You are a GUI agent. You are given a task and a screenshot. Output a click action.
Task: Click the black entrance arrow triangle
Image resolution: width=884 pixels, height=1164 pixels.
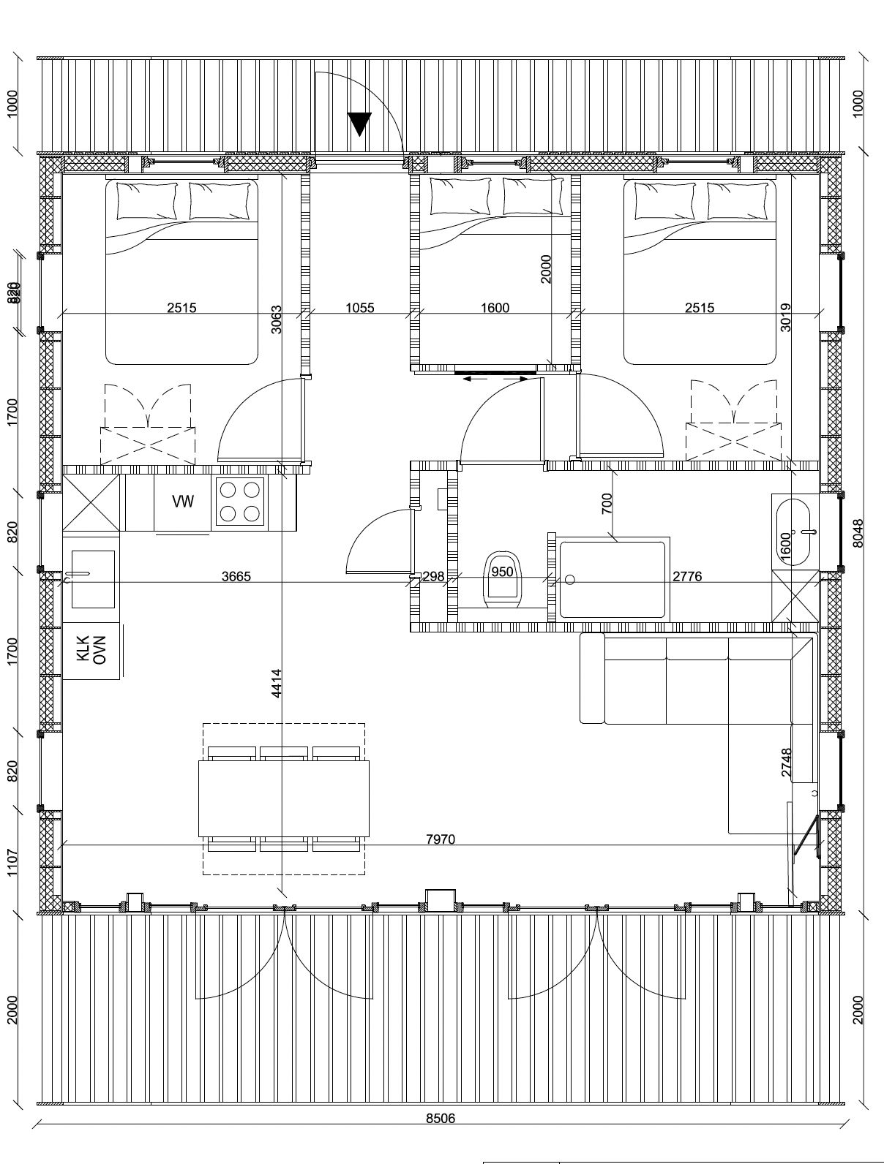click(359, 124)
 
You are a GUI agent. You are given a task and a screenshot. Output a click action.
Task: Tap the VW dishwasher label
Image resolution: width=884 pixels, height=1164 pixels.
click(183, 502)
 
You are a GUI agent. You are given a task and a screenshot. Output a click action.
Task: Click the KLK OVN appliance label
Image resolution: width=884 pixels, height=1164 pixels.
click(91, 649)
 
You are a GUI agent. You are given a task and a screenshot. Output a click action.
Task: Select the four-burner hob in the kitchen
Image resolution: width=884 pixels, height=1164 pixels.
click(239, 502)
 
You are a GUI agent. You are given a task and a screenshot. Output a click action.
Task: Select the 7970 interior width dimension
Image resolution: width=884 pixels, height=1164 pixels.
click(441, 839)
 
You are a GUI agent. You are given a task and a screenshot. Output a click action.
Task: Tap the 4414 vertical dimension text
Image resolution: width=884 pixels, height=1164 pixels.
click(276, 683)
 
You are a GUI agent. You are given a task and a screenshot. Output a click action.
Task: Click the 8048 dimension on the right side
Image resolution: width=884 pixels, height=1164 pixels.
click(858, 533)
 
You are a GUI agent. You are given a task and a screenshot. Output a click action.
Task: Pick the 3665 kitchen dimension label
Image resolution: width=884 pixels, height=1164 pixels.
click(236, 577)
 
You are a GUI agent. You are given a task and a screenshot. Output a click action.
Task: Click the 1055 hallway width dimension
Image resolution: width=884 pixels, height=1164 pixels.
click(360, 308)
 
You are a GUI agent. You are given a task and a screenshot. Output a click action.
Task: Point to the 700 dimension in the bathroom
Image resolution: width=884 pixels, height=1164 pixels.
click(607, 503)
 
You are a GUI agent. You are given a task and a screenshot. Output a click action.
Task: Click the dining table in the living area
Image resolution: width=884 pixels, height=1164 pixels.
click(284, 798)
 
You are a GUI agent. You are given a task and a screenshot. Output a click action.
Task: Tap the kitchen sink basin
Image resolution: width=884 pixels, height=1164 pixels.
click(93, 579)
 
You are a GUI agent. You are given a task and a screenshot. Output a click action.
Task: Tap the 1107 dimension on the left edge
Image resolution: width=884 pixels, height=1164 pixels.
click(12, 862)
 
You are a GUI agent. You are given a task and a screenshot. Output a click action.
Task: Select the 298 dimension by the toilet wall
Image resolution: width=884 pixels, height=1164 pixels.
click(433, 577)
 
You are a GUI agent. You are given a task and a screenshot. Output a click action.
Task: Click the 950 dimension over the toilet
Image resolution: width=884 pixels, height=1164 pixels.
click(502, 572)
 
